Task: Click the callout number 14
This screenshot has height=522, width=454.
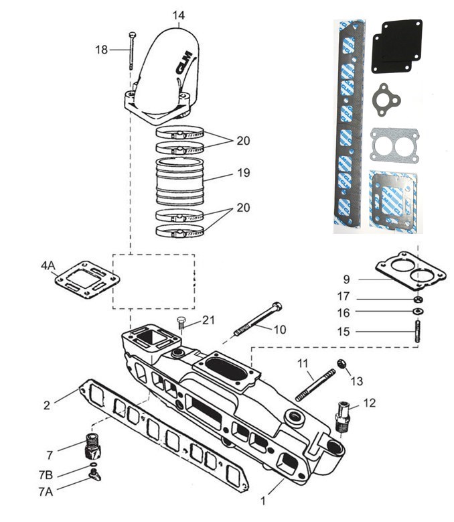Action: pos(177,14)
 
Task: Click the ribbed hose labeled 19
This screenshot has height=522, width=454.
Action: pos(179,180)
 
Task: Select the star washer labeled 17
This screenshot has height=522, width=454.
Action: pos(418,299)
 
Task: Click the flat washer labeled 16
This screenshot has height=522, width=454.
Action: pos(418,313)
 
